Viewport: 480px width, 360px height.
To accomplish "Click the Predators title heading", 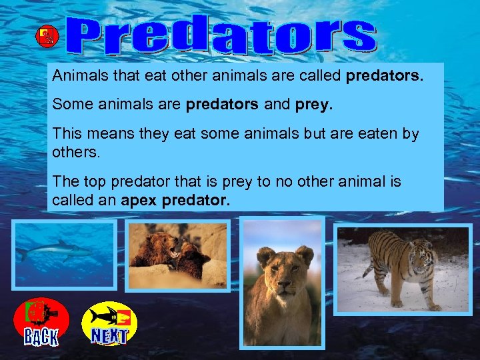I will pyautogui.click(x=223, y=37).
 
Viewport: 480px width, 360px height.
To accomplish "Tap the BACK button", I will pyautogui.click(x=41, y=322).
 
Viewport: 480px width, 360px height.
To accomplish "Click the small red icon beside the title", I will pyautogui.click(x=47, y=37).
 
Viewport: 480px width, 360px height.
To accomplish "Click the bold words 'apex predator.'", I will pyautogui.click(x=176, y=200).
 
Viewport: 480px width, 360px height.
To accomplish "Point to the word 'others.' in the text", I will pyautogui.click(x=76, y=153).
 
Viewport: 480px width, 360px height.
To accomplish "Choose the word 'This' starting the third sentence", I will pyautogui.click(x=67, y=133).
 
